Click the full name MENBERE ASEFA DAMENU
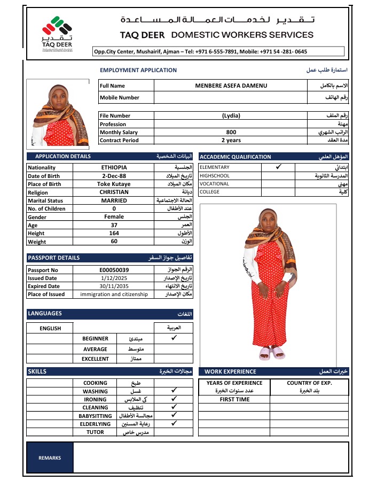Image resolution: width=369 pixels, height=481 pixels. tap(231, 86)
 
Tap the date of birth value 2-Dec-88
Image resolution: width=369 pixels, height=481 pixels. tap(114, 176)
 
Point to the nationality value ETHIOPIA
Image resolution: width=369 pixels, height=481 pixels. tap(114, 167)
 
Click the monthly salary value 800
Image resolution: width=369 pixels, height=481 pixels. tap(231, 133)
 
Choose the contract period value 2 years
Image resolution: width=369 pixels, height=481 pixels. tap(231, 141)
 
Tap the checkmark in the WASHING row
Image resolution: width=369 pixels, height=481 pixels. tap(174, 391)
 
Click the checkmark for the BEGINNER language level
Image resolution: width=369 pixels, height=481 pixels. tap(174, 338)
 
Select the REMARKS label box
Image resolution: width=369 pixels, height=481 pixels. tap(50, 458)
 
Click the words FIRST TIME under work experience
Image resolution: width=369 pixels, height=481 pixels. tap(234, 399)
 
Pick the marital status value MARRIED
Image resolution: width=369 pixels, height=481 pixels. tap(114, 200)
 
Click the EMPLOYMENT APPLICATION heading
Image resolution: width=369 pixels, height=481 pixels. tap(138, 70)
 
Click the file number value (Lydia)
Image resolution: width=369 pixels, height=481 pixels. tap(231, 116)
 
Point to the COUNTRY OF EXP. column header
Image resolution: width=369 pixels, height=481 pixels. tap(309, 383)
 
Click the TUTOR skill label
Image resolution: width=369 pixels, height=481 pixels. tap(95, 432)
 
